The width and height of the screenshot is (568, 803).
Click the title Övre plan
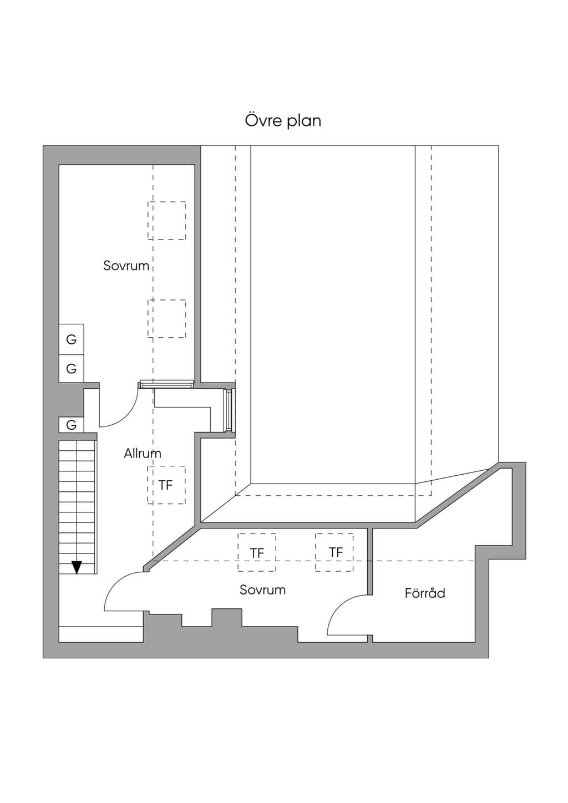tap(283, 121)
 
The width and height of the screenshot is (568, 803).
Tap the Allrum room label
tap(143, 454)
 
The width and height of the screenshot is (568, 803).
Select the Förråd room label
tap(425, 593)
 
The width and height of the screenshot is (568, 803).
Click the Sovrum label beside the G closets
tap(126, 266)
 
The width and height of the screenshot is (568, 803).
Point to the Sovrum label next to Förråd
tap(262, 589)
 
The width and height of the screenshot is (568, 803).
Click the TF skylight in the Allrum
tap(166, 485)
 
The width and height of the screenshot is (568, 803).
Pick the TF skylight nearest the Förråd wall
tap(334, 552)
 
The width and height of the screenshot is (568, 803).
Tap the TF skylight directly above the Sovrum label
tap(257, 552)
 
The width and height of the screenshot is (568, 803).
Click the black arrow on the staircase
tap(77, 567)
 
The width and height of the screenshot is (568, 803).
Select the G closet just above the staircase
tap(72, 425)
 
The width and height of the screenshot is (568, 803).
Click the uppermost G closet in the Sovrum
tap(72, 339)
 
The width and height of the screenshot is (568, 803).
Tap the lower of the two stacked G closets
tap(72, 369)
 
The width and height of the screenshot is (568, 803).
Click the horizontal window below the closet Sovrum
tap(166, 384)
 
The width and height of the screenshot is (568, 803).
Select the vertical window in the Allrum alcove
tap(228, 410)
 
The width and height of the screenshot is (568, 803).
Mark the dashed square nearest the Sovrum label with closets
tap(166, 221)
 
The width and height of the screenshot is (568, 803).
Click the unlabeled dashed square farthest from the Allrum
tap(166, 221)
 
